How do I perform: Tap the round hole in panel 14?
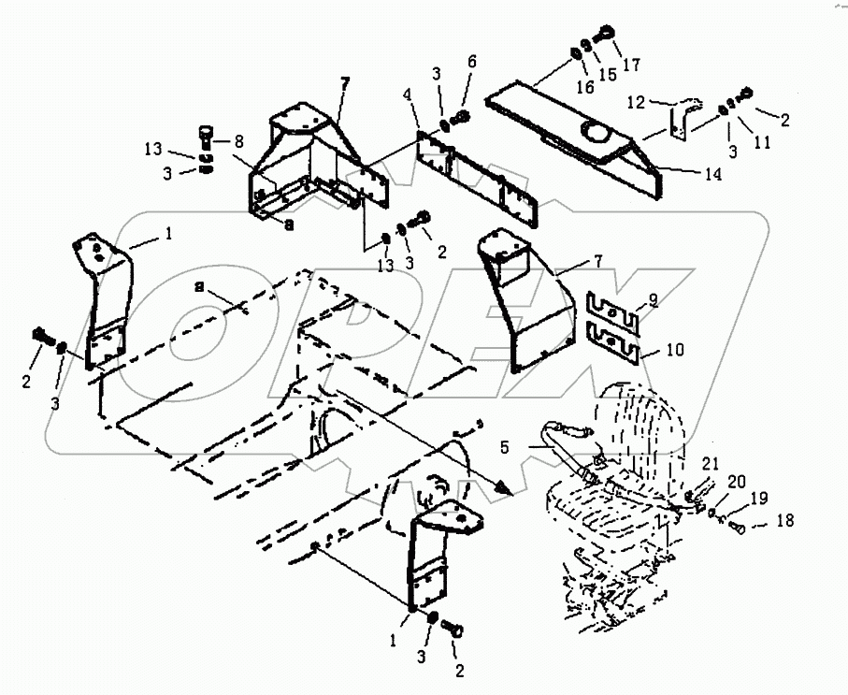[595, 134]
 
